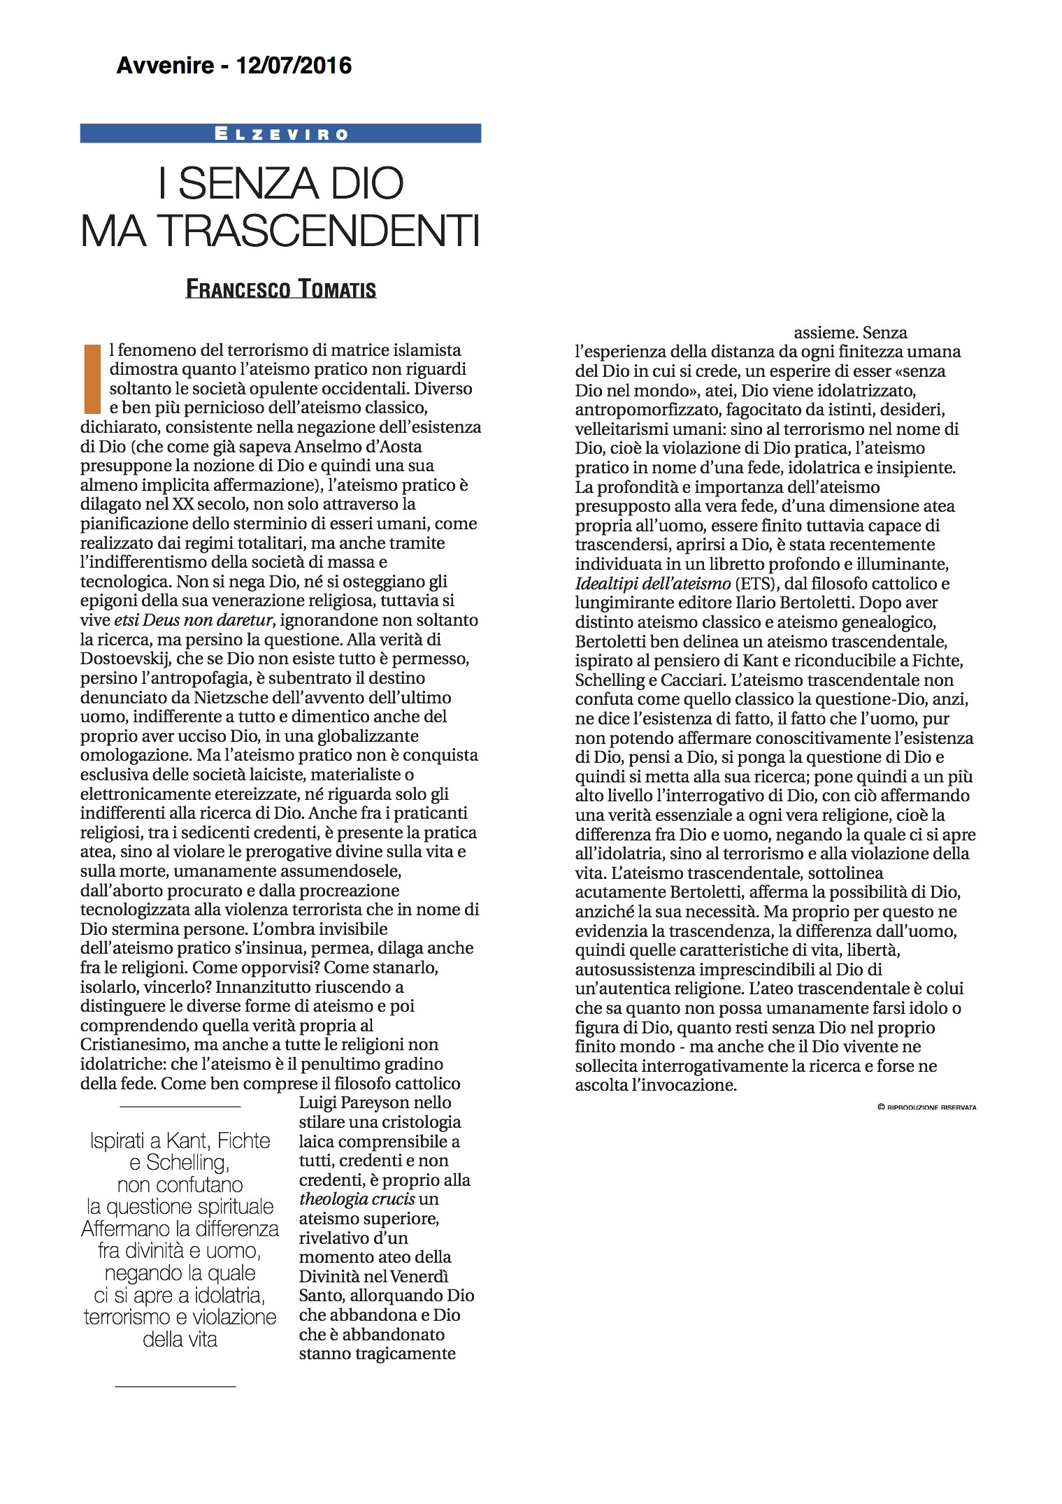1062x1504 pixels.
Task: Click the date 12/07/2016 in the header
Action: point(294,66)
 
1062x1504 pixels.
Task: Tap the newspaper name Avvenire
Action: point(165,66)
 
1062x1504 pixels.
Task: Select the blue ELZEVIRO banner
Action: point(280,134)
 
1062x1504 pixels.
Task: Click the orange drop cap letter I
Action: point(92,378)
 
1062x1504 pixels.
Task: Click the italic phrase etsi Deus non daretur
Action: point(192,620)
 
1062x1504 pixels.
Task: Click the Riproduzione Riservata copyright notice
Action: point(926,1108)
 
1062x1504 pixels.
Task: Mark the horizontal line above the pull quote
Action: point(180,1107)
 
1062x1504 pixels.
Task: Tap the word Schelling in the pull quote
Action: point(188,1163)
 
